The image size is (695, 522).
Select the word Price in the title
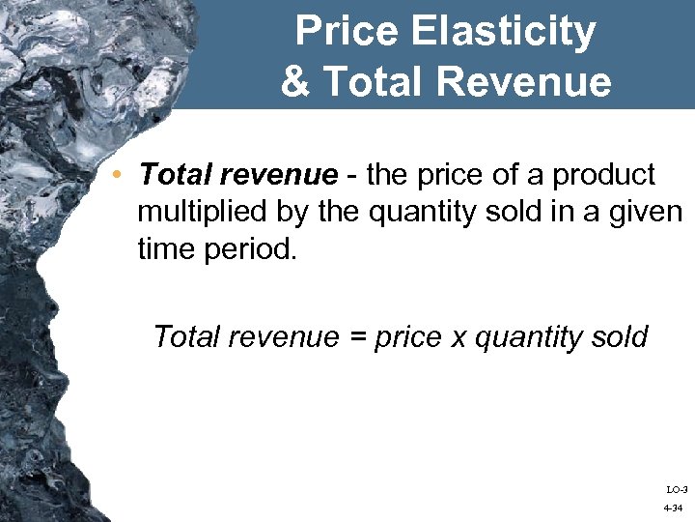pyautogui.click(x=347, y=32)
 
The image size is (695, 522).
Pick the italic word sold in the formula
pyautogui.click(x=618, y=337)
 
